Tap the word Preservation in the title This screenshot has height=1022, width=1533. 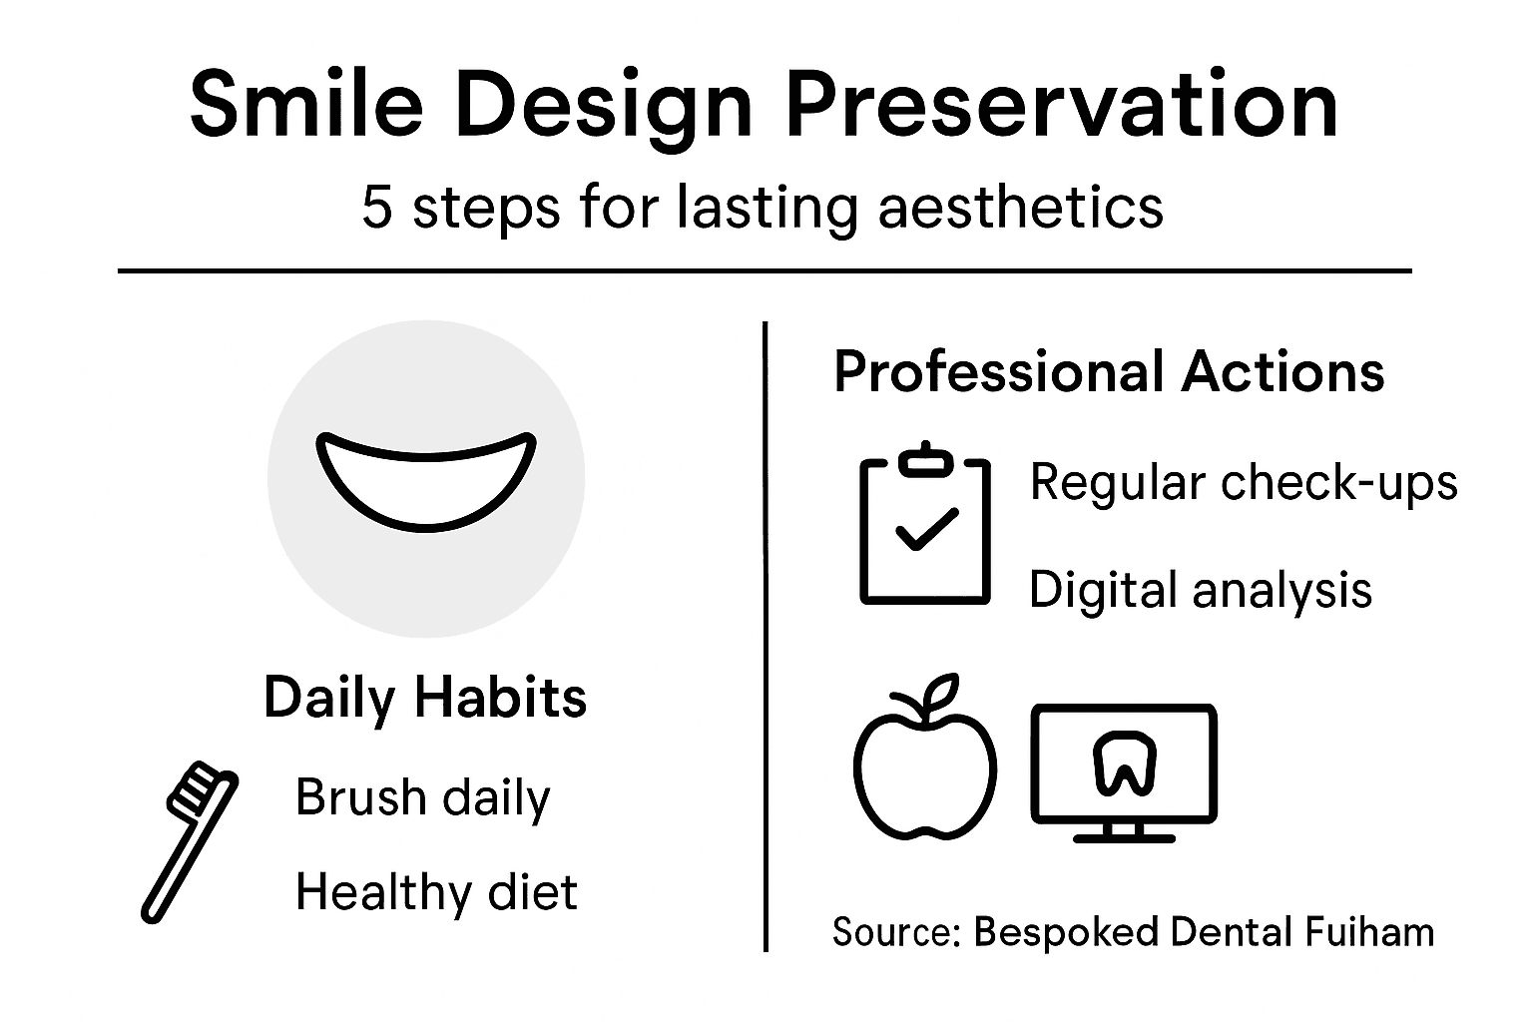click(1062, 105)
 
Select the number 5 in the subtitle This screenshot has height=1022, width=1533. click(376, 209)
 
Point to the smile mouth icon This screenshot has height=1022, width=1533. click(426, 481)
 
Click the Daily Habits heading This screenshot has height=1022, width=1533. click(425, 697)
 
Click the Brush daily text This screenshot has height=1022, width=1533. click(422, 797)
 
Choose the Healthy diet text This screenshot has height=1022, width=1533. click(436, 891)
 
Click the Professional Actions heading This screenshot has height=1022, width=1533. click(1109, 372)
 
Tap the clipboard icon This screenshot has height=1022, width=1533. click(925, 528)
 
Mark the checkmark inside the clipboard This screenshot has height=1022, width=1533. click(926, 529)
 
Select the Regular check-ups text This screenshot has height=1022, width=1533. click(1243, 483)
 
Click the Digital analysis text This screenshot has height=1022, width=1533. click(1200, 589)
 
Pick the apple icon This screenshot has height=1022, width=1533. click(924, 764)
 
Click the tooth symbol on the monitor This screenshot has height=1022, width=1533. click(1124, 763)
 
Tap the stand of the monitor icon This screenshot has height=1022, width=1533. click(1124, 831)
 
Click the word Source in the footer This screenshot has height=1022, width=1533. click(893, 931)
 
